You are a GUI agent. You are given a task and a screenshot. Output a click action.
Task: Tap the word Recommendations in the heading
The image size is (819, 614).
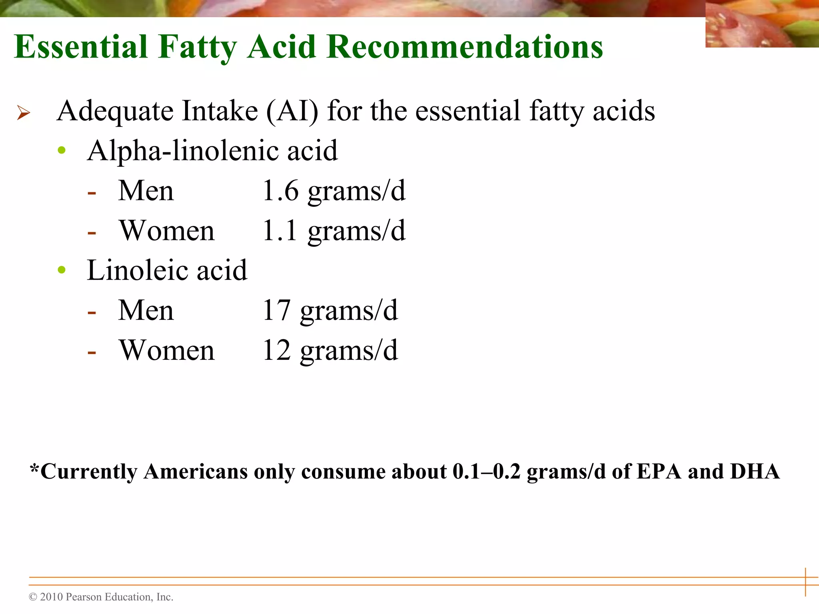click(x=464, y=47)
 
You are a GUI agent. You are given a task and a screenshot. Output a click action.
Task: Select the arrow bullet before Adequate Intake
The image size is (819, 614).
click(x=24, y=113)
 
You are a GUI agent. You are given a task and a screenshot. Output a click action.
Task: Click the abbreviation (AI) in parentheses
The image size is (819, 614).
click(x=292, y=111)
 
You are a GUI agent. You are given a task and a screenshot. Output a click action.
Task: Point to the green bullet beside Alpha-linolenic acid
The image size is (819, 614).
click(x=62, y=150)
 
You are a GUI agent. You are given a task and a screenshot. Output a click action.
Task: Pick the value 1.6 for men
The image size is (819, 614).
click(x=280, y=191)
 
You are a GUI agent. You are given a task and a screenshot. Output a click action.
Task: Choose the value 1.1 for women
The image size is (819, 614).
click(x=280, y=231)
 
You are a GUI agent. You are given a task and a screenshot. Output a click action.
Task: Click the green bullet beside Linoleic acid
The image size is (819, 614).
click(x=62, y=270)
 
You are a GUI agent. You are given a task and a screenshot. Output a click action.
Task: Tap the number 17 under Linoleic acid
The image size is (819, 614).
click(x=276, y=311)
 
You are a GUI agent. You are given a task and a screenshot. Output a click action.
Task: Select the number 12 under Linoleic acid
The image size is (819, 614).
click(x=276, y=351)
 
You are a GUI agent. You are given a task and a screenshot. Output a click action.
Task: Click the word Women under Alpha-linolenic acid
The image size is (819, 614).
click(x=167, y=231)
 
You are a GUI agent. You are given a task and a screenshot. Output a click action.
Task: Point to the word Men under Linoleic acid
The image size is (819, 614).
click(x=146, y=311)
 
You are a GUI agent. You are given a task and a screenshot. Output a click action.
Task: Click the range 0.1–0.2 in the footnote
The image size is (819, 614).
click(x=486, y=472)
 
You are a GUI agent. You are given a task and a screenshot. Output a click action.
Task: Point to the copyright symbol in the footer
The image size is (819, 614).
click(x=33, y=597)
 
